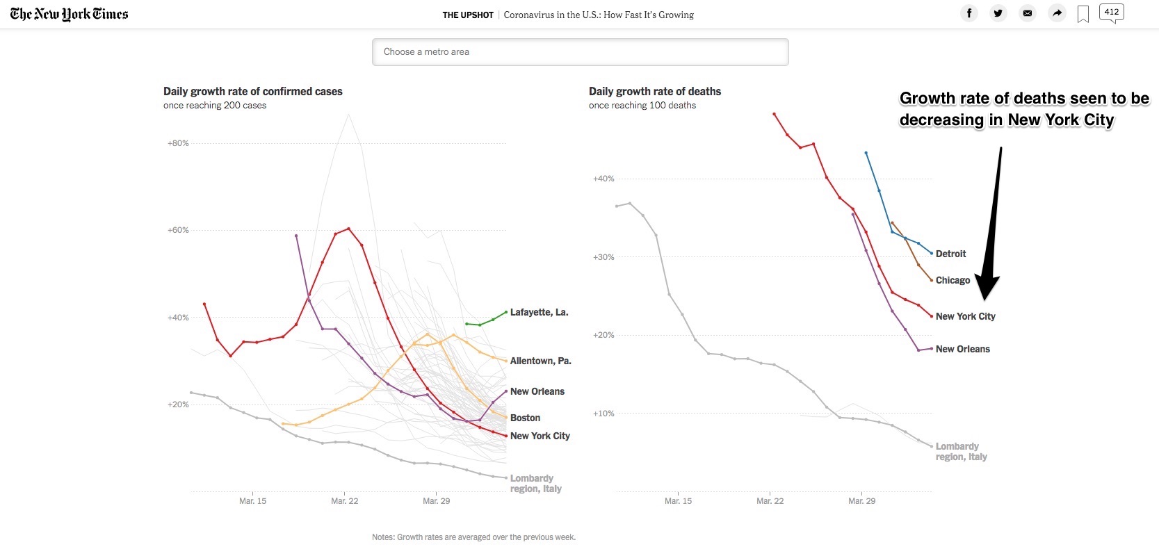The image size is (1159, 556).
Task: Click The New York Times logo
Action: tap(69, 14)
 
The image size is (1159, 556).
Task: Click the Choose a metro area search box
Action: tap(580, 52)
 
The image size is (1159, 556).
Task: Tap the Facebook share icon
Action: tap(969, 13)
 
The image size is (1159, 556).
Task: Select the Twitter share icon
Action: tap(998, 13)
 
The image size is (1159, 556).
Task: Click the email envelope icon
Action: tap(1028, 13)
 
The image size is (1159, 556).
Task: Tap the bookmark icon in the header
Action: tap(1083, 14)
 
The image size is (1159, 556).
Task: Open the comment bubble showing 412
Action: tap(1111, 13)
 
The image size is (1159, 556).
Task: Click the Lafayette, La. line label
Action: tap(539, 312)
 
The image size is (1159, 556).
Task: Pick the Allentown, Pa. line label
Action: tap(540, 361)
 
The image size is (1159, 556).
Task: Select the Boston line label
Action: tap(525, 418)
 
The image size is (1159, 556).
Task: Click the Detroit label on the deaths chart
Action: tap(950, 254)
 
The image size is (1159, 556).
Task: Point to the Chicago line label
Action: tap(953, 280)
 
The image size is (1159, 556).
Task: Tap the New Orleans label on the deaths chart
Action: tap(962, 349)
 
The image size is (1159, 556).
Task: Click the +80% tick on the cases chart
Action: tap(178, 143)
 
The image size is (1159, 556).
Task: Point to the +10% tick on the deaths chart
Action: tap(603, 414)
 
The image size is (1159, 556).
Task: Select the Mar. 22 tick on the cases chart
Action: tap(344, 500)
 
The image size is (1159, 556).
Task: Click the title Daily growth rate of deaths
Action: tap(654, 91)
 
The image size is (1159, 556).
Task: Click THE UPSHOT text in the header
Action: tap(468, 15)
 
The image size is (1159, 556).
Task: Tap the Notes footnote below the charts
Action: tap(473, 537)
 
